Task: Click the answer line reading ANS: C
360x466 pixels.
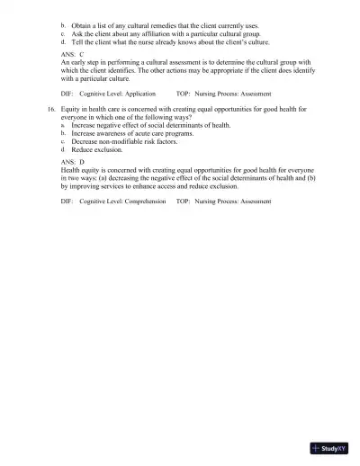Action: (72, 55)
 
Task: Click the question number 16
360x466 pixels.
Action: (50, 108)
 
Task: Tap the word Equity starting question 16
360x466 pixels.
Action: (71, 108)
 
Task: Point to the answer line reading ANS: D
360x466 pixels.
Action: (72, 161)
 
